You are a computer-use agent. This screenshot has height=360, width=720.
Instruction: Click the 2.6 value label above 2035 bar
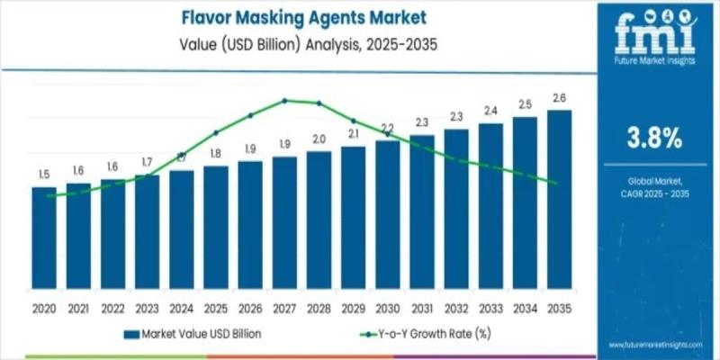[x=558, y=98]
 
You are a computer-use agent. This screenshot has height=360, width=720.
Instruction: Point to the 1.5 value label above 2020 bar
[x=44, y=174]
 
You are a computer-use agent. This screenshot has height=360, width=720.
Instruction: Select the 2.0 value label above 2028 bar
[x=319, y=139]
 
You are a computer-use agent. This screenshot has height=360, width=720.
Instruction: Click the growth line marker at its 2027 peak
[x=284, y=100]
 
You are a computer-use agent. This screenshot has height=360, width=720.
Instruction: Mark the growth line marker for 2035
[x=558, y=184]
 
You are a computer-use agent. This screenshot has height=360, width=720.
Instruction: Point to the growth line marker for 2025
[x=216, y=133]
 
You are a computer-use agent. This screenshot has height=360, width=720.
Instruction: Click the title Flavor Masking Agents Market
[x=302, y=16]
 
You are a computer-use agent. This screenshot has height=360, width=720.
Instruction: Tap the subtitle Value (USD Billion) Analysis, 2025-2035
[x=302, y=41]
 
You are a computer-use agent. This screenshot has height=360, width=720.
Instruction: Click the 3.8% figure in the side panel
[x=653, y=137]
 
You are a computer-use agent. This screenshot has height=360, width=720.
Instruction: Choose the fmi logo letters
[x=653, y=32]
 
